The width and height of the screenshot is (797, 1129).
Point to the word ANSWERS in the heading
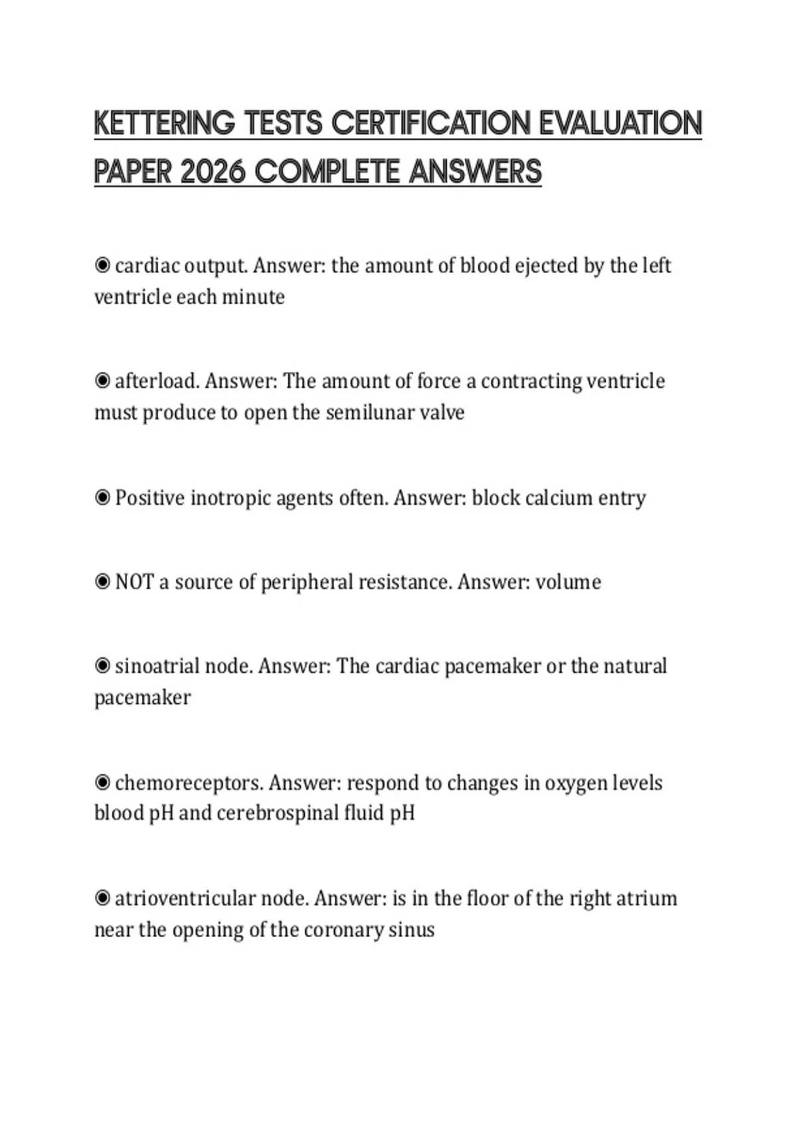point(475,172)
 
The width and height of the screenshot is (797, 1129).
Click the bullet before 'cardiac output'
point(102,266)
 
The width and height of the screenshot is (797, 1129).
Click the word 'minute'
point(253,297)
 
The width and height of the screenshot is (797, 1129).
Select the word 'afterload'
point(157,381)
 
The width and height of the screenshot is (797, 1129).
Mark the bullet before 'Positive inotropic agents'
point(102,497)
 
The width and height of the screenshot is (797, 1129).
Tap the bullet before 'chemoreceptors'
point(102,782)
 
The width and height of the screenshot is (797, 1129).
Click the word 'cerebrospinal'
point(277,813)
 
